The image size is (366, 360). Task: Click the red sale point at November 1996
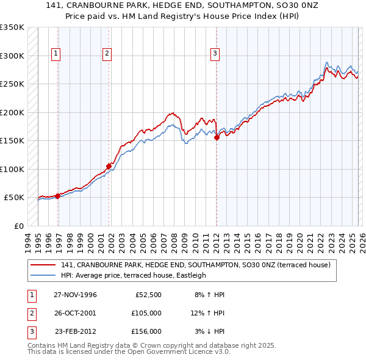click(57, 196)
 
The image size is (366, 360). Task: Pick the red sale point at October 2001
click(109, 166)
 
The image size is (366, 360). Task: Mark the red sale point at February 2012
click(217, 138)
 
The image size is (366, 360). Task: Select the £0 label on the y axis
click(18, 226)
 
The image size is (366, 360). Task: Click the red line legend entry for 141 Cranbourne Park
click(195, 265)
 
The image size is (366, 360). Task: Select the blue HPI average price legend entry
click(134, 275)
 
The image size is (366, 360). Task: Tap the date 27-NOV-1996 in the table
click(75, 295)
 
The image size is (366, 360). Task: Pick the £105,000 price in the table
click(146, 313)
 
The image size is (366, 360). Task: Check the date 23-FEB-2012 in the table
click(75, 331)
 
